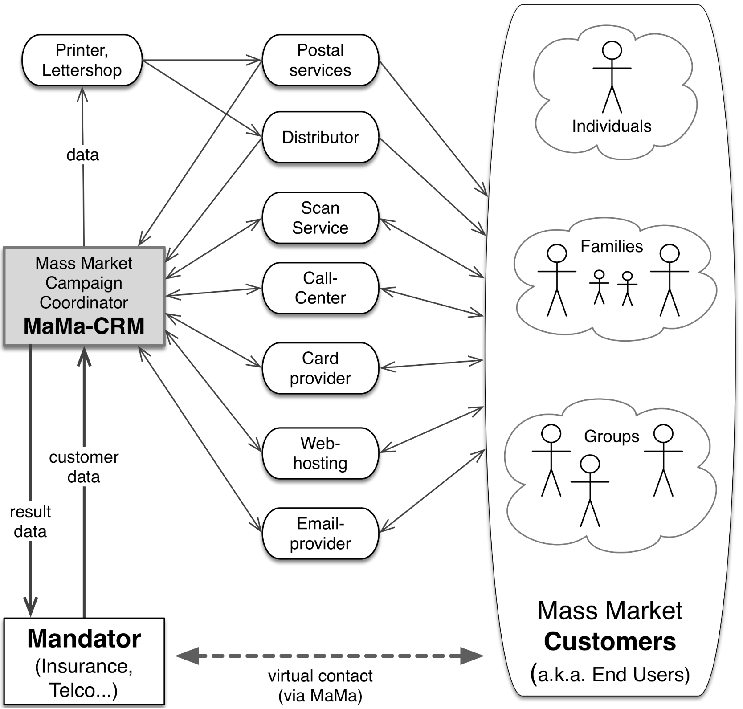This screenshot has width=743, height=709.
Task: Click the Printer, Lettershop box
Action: [x=82, y=60]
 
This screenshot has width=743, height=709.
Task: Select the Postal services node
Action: [x=320, y=60]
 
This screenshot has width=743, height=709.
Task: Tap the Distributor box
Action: [x=320, y=137]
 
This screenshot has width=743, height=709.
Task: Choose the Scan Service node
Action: [x=320, y=218]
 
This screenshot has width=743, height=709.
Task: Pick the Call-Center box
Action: [x=320, y=288]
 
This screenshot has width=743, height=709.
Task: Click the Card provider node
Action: [x=320, y=368]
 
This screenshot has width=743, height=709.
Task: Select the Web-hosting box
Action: [x=320, y=453]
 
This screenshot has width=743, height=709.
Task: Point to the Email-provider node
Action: [x=320, y=534]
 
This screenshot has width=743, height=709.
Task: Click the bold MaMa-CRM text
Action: [x=84, y=326]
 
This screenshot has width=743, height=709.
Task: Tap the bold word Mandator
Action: [x=84, y=639]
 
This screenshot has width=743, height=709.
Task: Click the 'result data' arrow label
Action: [x=30, y=522]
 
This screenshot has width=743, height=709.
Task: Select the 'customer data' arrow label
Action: [x=84, y=467]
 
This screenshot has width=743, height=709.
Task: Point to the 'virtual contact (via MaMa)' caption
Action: [x=320, y=685]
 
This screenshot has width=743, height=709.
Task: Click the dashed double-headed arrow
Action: [x=330, y=656]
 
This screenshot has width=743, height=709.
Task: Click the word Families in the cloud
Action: [x=612, y=246]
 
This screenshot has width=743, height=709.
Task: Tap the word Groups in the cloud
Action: [x=612, y=436]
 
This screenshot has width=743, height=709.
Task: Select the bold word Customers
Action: [x=610, y=642]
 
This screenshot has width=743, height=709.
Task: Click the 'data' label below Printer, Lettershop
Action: [x=82, y=155]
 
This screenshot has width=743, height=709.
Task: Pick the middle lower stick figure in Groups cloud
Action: [x=590, y=490]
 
